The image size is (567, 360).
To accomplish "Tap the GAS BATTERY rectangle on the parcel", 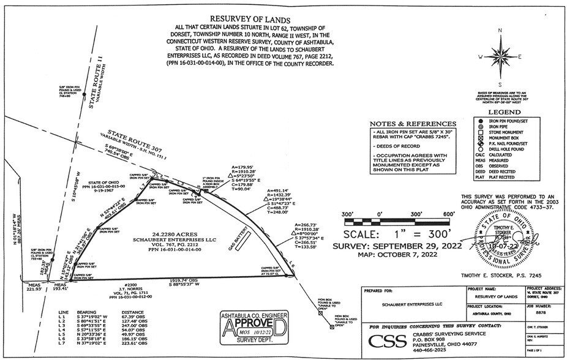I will (x=243, y=244).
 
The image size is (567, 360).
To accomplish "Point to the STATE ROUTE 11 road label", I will (x=97, y=79).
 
